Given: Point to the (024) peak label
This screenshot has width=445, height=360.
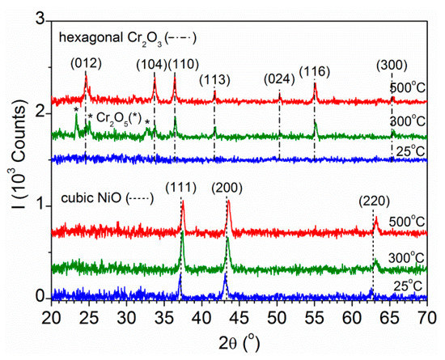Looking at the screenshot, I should tap(281, 78).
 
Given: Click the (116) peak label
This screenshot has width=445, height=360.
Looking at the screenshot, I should tap(315, 71).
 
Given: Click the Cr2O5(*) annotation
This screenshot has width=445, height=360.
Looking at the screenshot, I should tap(119, 117).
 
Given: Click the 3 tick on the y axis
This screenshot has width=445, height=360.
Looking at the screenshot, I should tap(38, 18).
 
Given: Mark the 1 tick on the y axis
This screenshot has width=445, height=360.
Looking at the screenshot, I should tap(38, 205).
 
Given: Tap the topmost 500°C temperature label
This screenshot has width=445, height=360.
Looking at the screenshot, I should tap(409, 87).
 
